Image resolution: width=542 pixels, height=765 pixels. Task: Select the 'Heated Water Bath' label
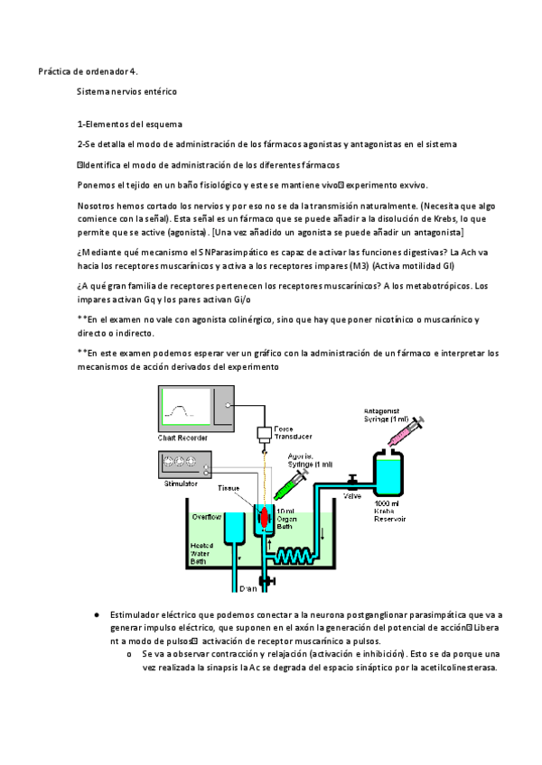(202, 553)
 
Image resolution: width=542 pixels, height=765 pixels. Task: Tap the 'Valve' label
(353, 495)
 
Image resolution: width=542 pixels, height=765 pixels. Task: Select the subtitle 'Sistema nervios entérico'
(126, 91)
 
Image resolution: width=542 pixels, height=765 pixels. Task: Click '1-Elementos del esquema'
(129, 124)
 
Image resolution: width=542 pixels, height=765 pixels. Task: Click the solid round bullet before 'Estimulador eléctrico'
(96, 614)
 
